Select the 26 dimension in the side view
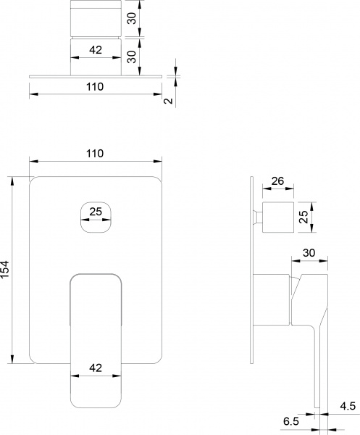(277, 182)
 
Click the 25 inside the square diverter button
(95, 212)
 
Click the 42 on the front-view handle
(95, 368)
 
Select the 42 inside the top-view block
(95, 50)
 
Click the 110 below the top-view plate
(95, 87)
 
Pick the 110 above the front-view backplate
(95, 153)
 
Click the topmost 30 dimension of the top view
(131, 18)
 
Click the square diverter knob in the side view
(277, 218)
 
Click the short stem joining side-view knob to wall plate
(256, 217)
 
